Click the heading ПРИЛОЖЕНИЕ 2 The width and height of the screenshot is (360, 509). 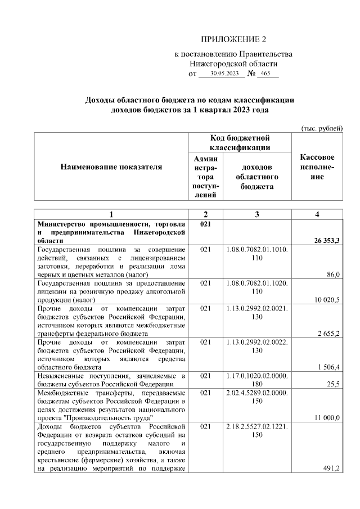(x=232, y=39)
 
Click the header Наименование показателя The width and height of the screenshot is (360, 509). (x=111, y=166)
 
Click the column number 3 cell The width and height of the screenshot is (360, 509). (x=257, y=214)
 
